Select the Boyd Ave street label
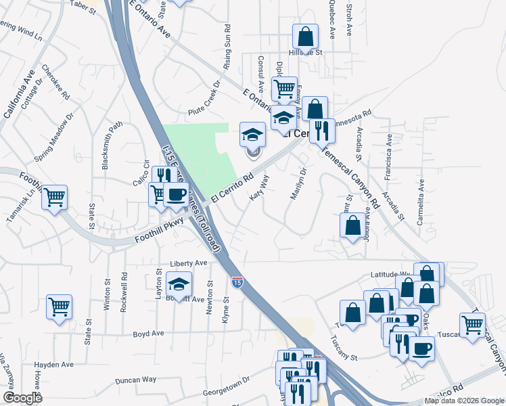point(149,334)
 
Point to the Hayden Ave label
point(53,364)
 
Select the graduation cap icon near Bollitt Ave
point(179,284)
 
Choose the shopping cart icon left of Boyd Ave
point(59,306)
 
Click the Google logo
point(22,398)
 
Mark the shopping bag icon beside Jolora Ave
point(352,225)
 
